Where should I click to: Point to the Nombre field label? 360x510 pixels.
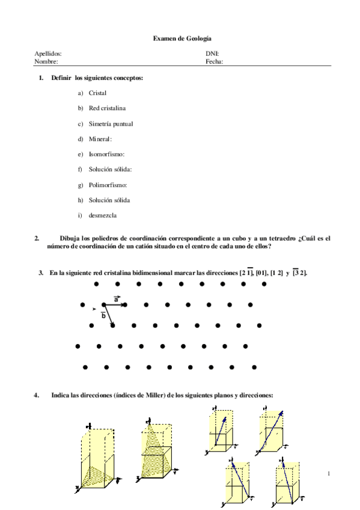(x=46, y=61)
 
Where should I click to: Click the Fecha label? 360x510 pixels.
(x=215, y=61)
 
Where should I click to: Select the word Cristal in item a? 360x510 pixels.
(x=98, y=93)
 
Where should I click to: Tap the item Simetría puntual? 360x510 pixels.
(x=111, y=124)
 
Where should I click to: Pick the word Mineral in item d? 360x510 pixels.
(x=100, y=139)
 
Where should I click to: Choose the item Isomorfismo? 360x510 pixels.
(x=106, y=155)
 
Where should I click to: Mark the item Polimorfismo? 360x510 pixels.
(x=108, y=185)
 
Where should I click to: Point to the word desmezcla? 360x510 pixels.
(x=103, y=215)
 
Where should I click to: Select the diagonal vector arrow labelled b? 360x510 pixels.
(x=109, y=316)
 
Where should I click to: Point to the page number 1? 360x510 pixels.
(x=329, y=475)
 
